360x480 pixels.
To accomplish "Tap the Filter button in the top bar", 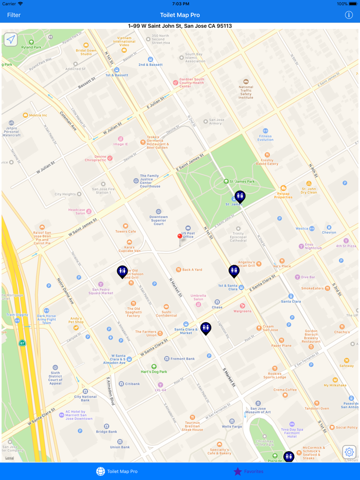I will [14, 15].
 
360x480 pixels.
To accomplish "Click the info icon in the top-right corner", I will [349, 15].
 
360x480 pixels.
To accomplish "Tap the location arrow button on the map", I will [10, 40].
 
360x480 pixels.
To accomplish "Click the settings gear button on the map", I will [349, 452].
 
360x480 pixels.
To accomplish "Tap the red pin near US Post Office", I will [180, 237].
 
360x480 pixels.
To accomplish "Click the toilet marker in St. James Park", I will [240, 196].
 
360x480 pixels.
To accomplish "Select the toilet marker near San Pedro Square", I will [122, 271].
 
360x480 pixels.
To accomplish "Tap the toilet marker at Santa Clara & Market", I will [206, 327].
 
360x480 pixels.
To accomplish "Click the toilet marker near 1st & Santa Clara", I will [234, 270].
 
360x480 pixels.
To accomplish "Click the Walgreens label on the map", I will [242, 310].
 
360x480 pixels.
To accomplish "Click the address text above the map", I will [180, 26].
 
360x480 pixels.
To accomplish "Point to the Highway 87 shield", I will [22, 343].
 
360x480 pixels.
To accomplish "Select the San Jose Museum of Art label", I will [258, 410].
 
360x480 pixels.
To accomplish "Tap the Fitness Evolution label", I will [265, 136].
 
